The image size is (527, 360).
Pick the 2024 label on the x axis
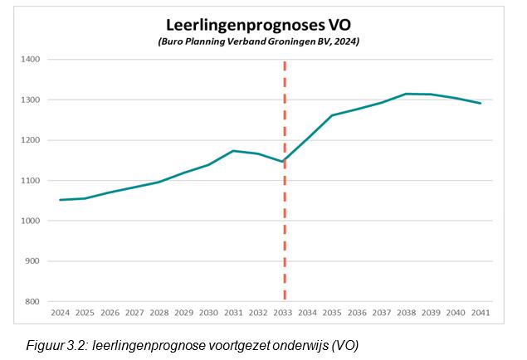(x=60, y=314)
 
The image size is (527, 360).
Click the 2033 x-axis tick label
(x=283, y=314)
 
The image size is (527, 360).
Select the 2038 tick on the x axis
(x=407, y=314)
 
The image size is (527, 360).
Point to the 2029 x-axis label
(x=184, y=314)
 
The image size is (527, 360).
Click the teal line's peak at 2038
(x=407, y=94)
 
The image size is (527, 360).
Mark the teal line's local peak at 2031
(x=233, y=151)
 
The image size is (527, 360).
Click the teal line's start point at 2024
(x=60, y=200)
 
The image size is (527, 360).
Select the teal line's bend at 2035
(x=332, y=115)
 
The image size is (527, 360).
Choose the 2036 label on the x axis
(x=358, y=314)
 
